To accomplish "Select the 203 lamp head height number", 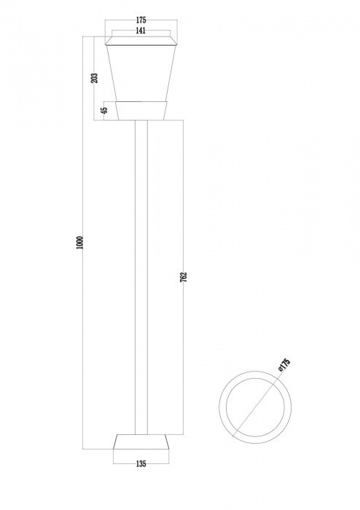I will (x=95, y=77).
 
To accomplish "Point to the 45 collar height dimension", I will (x=104, y=110).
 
